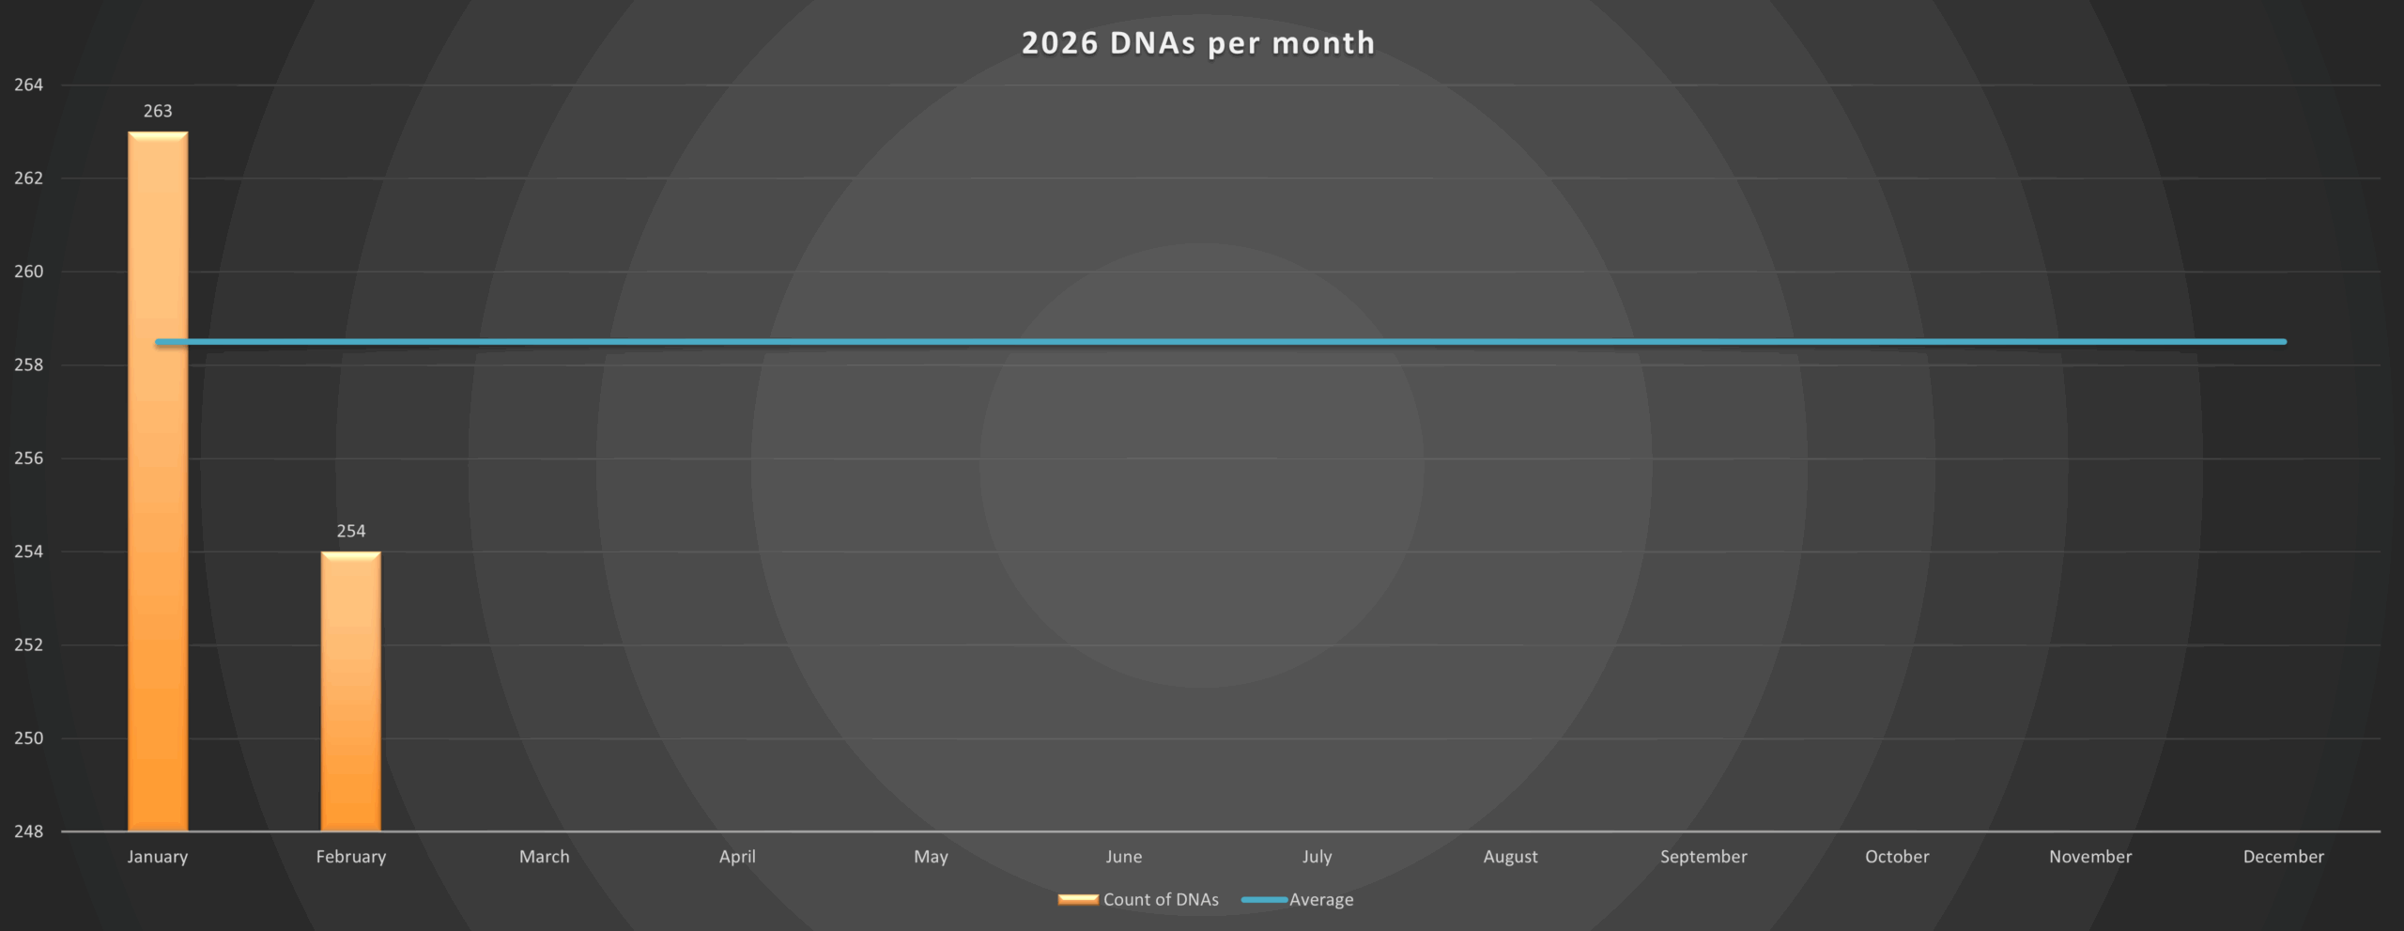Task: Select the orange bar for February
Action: tap(351, 695)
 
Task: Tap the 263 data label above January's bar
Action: tap(158, 111)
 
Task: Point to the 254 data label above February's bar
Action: tap(351, 531)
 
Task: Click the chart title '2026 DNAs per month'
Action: tap(1198, 43)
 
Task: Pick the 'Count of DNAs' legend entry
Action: tap(1160, 899)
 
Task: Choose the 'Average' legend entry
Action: tap(1320, 899)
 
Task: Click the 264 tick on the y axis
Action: tap(28, 85)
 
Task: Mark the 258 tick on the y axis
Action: tap(28, 365)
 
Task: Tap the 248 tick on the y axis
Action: tap(28, 831)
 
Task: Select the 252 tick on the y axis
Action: tap(28, 645)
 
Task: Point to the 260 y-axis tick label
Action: tap(28, 272)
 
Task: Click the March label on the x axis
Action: tap(545, 857)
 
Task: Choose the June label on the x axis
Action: tap(1124, 857)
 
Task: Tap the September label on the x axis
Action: tap(1703, 857)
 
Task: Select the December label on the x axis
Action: tap(2283, 857)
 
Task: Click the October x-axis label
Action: tap(1897, 857)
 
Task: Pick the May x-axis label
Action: tap(931, 857)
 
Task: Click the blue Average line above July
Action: tap(1318, 342)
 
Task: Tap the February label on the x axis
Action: tap(351, 857)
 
